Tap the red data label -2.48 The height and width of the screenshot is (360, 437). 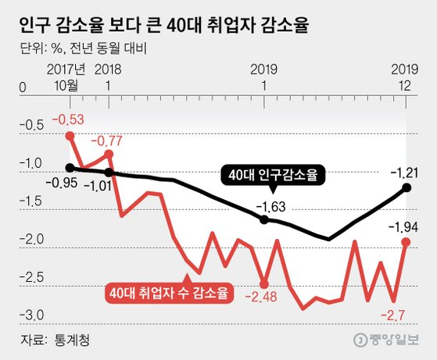tap(263, 297)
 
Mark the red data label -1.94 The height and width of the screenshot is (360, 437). tap(405, 226)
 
